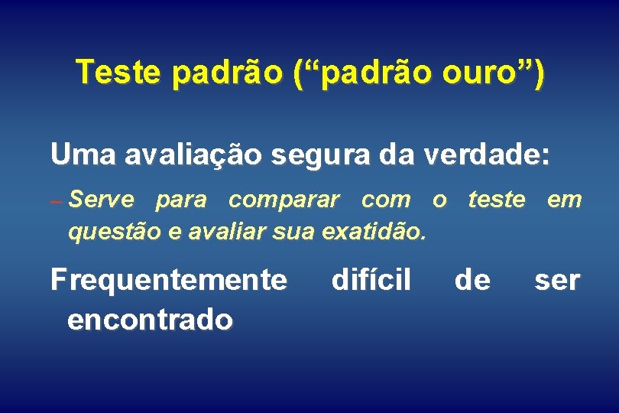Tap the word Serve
point(101,200)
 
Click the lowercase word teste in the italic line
point(497,200)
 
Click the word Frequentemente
point(169,281)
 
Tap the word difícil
point(371,281)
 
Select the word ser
point(558,281)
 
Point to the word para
point(181,202)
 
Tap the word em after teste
point(565,200)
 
